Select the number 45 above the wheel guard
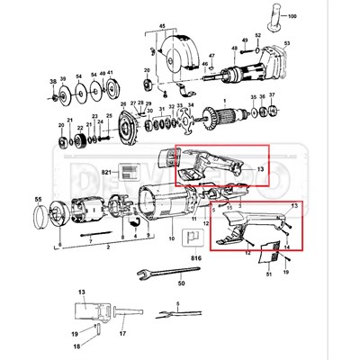tap(162, 27)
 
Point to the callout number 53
tap(311, 42)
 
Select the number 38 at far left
tap(51, 79)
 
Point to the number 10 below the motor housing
tap(172, 241)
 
